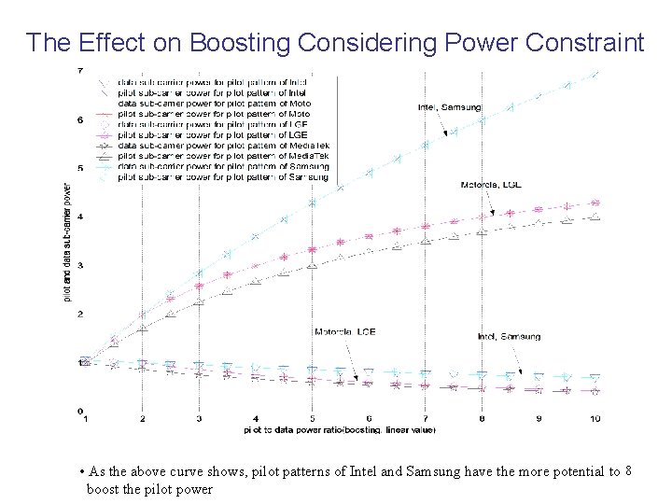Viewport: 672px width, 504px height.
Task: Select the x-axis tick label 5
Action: click(313, 420)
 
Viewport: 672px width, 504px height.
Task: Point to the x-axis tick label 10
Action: click(595, 420)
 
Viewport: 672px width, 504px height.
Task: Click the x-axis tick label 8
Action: click(482, 420)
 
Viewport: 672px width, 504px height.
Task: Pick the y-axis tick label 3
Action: click(79, 265)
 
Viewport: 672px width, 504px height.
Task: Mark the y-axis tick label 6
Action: click(79, 119)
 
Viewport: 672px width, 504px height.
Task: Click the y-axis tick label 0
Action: click(79, 411)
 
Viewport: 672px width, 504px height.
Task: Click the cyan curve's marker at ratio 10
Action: click(595, 74)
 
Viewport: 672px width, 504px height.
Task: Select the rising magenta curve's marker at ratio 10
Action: click(595, 203)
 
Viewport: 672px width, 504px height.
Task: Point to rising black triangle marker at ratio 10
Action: click(595, 217)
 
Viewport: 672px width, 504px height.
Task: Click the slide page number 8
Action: click(627, 470)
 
